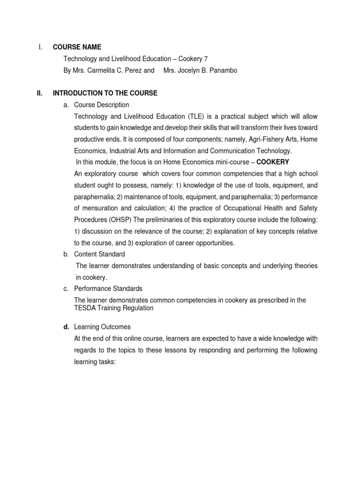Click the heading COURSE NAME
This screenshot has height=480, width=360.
point(77,47)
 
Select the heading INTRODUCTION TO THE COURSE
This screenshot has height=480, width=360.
point(105,93)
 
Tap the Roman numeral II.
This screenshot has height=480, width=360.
point(40,93)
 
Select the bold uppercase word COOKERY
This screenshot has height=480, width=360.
point(272,162)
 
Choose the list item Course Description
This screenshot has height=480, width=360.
point(102,105)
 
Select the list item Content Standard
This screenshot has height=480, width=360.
point(100,254)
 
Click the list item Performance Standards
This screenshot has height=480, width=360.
point(108,289)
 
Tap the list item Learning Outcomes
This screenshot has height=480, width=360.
point(103,327)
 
